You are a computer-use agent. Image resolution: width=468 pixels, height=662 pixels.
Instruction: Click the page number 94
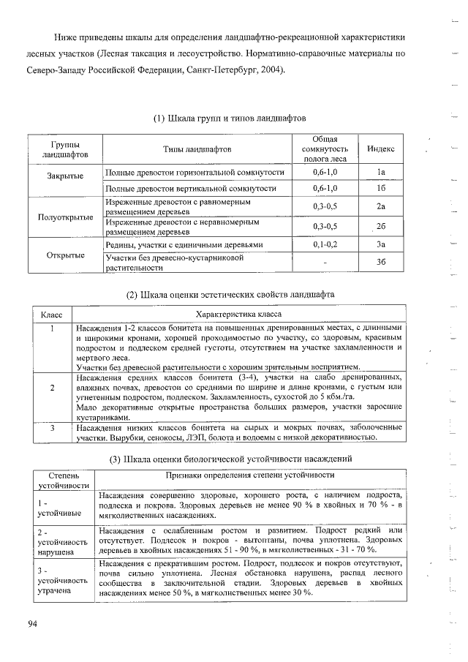coord(32,623)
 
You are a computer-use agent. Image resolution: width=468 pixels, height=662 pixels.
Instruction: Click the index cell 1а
coord(381,173)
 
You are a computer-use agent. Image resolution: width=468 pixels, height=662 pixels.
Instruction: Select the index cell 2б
coord(381,226)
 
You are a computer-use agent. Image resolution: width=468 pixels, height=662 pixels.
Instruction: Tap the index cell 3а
coord(381,244)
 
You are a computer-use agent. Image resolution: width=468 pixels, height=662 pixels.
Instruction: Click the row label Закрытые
coord(66,176)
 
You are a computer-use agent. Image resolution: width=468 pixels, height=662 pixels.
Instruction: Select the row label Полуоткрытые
coord(66,217)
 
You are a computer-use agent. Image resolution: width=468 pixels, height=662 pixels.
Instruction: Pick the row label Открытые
coord(66,255)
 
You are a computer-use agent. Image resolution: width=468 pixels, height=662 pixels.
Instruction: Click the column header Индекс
coord(381,148)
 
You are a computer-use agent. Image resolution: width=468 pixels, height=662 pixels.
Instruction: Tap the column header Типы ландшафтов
coord(197,148)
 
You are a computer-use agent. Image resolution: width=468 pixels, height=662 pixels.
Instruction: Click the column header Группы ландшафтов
coord(66,149)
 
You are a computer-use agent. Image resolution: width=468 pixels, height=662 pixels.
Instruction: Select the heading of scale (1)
coord(229,119)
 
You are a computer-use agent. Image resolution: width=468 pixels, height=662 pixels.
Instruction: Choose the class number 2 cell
coord(53,388)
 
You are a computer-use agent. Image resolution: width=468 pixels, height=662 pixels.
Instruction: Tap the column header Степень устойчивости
coord(63,480)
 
